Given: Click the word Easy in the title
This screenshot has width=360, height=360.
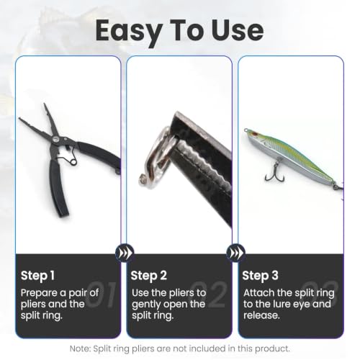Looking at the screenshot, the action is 128,32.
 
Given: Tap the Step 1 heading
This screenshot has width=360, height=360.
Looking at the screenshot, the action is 37,276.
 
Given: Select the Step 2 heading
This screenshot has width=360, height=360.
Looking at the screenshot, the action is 149,276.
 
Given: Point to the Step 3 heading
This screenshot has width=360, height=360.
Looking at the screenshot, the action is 261,276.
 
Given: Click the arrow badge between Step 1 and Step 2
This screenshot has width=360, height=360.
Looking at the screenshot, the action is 124,253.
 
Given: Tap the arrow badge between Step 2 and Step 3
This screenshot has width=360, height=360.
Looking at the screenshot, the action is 235,253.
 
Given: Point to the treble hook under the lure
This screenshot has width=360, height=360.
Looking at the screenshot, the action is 275,171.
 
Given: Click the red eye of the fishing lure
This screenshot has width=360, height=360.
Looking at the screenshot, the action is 255,133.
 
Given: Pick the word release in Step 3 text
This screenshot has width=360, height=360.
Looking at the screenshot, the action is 261,315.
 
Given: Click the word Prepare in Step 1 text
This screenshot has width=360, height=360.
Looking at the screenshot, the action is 39,293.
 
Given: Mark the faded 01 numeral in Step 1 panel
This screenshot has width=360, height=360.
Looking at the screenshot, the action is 102,294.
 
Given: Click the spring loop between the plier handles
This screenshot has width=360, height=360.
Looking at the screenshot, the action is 73,162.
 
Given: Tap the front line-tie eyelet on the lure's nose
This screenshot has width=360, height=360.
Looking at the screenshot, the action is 246,130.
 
